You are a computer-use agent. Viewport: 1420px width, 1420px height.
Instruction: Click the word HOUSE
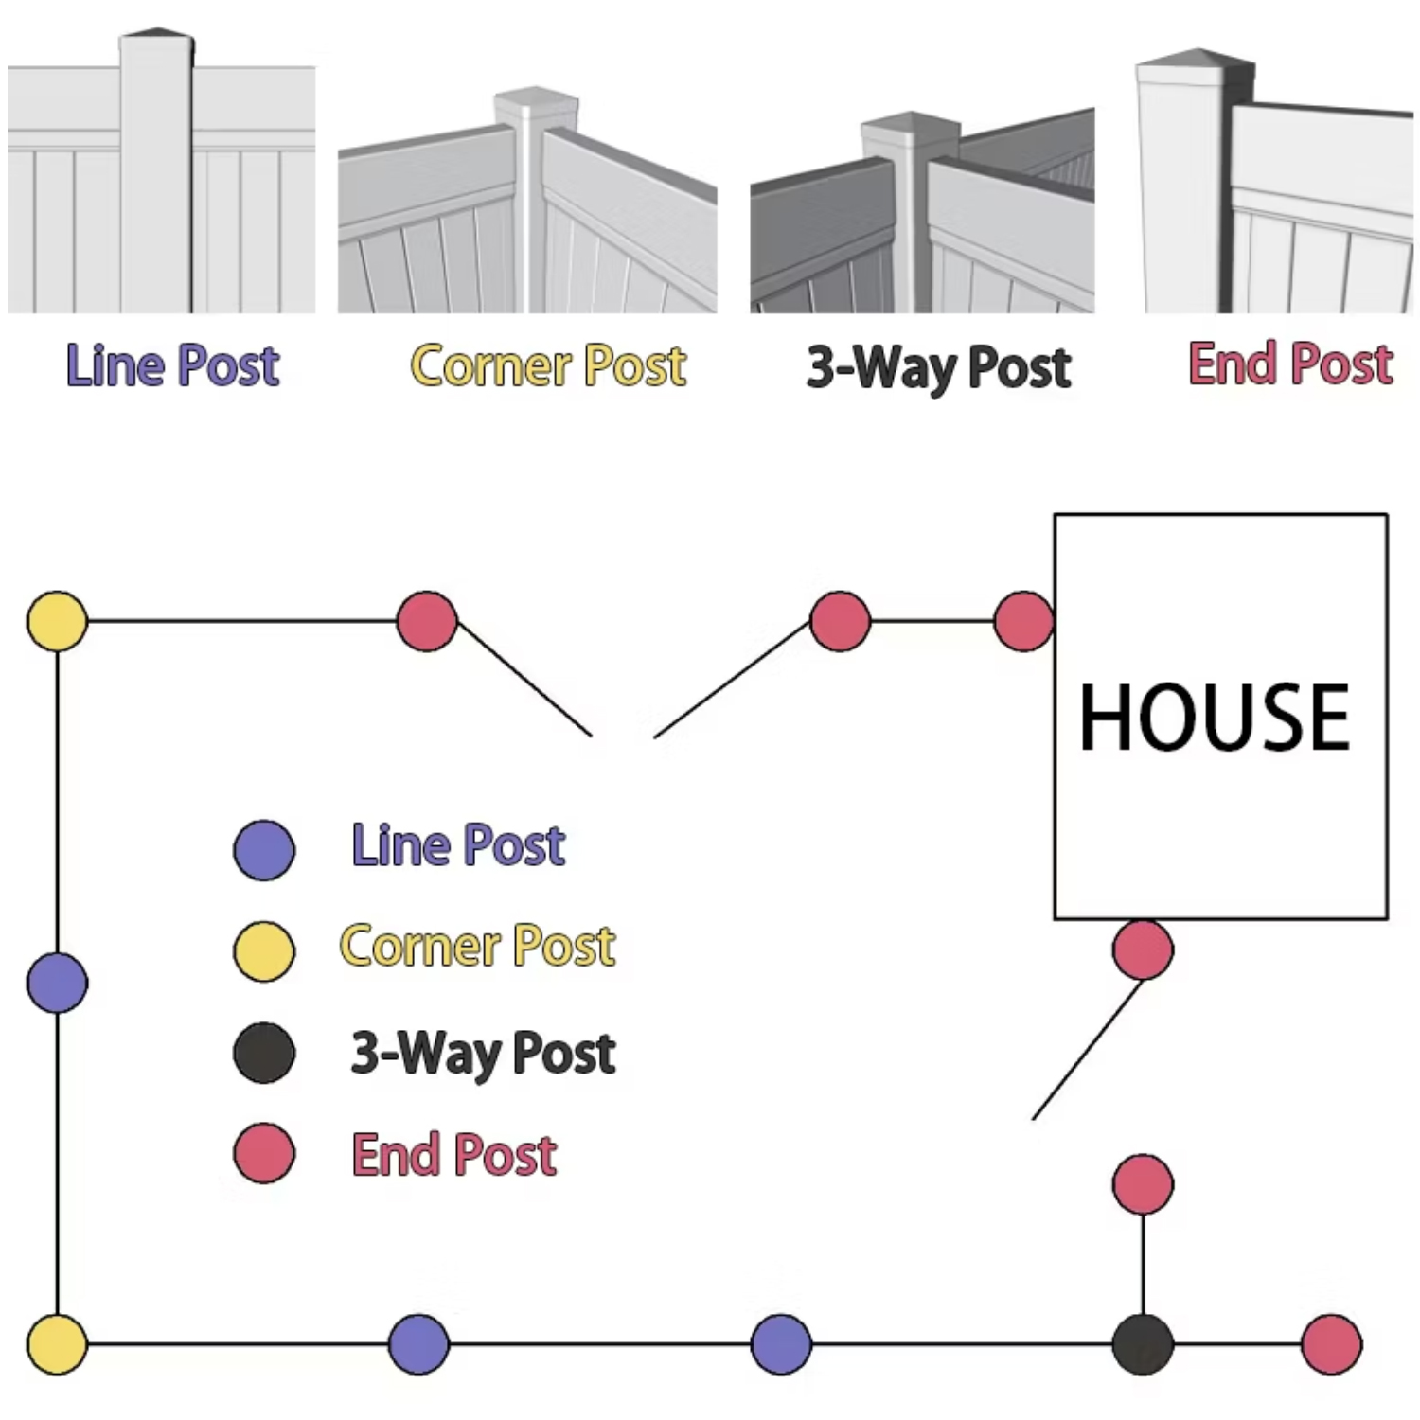point(1215,718)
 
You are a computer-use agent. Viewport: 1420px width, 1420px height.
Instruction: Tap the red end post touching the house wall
point(1023,621)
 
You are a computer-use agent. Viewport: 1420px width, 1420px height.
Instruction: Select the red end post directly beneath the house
point(1143,949)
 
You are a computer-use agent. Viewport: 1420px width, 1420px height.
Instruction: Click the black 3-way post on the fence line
point(1143,1343)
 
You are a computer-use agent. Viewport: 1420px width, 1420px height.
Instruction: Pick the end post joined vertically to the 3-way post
point(1143,1184)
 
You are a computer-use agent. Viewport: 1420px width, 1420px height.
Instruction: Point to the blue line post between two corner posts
point(57,983)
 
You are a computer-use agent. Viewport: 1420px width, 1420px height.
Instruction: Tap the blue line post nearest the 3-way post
point(781,1343)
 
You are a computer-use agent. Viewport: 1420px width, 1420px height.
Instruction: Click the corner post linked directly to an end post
point(57,621)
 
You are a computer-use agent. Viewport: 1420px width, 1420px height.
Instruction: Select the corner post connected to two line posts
point(57,1343)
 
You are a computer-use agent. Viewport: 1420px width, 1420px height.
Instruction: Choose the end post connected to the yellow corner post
point(427,621)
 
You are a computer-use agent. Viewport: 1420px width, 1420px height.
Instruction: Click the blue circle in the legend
point(264,850)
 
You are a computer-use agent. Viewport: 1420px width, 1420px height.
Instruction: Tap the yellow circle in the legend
point(264,950)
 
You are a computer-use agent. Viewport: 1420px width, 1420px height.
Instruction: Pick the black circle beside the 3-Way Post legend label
point(264,1053)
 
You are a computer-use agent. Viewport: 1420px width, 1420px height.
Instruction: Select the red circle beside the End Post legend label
point(264,1153)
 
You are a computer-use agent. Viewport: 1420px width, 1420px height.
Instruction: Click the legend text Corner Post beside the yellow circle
point(477,946)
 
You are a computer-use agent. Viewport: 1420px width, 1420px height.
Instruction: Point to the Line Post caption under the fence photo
point(172,365)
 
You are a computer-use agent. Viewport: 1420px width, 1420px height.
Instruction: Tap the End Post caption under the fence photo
point(1290,364)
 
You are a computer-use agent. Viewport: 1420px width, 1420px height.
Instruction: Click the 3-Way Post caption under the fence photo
point(938,367)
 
